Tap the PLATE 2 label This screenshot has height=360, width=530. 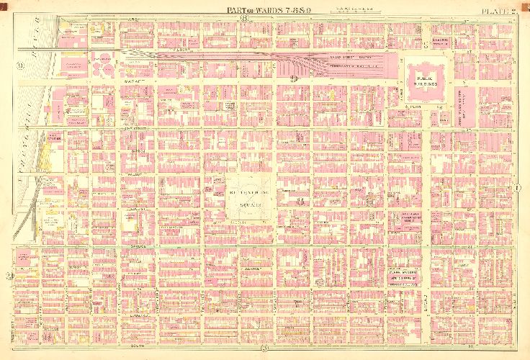[x=501, y=9]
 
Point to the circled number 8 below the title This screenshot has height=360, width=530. [x=246, y=19]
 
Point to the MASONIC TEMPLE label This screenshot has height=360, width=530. [x=441, y=40]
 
